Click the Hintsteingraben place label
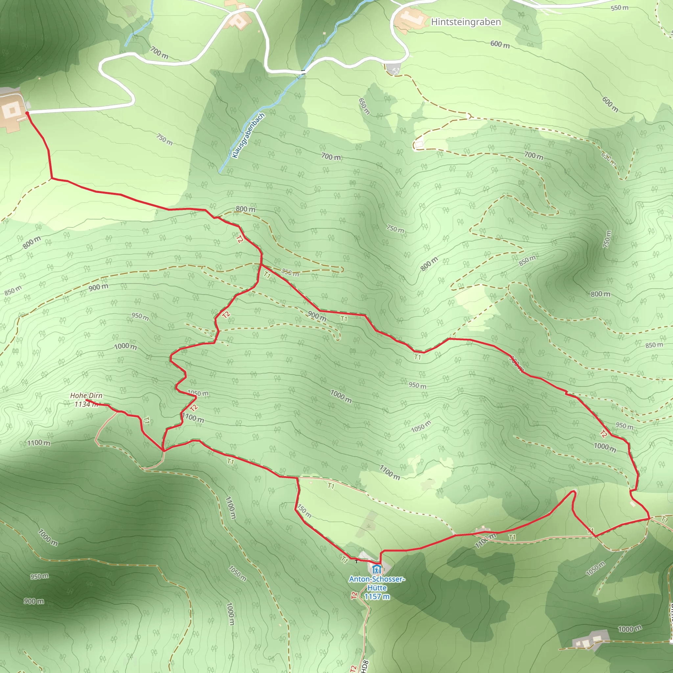coord(466,22)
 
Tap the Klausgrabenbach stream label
coord(248,135)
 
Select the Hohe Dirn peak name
coord(86,395)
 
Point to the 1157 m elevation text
coord(377,596)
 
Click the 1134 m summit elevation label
coord(85,404)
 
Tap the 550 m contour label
coord(619,8)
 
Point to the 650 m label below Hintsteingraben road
coord(364,106)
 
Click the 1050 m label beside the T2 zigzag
coord(198,393)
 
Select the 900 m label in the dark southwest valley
coord(34,601)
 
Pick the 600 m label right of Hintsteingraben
coord(500,44)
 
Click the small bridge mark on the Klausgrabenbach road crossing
coord(303,72)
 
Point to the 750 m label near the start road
coord(164,139)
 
